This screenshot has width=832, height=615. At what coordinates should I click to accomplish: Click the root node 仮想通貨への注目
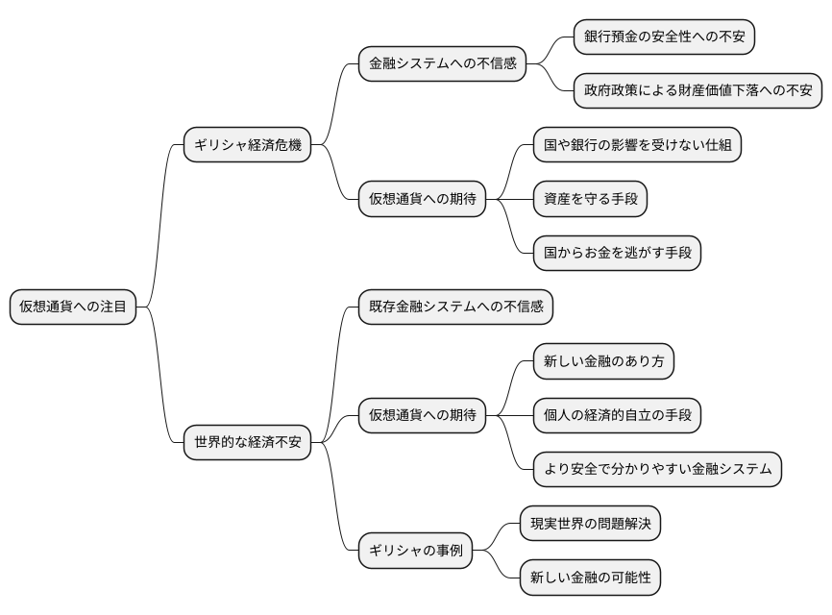coord(73,307)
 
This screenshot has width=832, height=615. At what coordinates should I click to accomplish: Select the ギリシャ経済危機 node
coord(247,145)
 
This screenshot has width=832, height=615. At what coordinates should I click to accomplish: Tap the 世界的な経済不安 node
coord(247,443)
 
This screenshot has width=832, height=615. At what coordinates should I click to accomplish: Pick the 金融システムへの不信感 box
coord(443,64)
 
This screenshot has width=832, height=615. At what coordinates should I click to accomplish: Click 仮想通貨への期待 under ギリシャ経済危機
coord(421,200)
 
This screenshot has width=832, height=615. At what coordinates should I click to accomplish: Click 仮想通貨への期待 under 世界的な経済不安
coord(421,416)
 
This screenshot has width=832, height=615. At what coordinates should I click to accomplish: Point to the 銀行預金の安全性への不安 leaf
coord(664,37)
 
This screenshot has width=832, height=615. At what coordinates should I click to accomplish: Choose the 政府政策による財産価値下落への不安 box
coord(697,91)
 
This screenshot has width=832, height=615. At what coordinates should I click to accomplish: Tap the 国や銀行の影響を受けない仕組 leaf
coord(638,145)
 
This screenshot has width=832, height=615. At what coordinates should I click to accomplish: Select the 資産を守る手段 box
coord(590,199)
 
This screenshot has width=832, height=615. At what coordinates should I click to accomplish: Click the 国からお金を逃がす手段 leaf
coord(617,253)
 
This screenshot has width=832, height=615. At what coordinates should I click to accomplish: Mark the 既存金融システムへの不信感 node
coord(456,307)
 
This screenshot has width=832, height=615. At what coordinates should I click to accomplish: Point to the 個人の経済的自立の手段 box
coord(617,416)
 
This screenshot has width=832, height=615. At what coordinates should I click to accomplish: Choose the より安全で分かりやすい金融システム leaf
coord(657,470)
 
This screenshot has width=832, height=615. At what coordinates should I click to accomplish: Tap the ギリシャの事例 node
coord(416,552)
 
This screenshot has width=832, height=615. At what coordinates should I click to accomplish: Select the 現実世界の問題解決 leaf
coord(590,525)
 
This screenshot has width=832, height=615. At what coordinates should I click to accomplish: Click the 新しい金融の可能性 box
coord(590,578)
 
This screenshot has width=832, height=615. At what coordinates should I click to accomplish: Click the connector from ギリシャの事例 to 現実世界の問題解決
coord(497,536)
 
